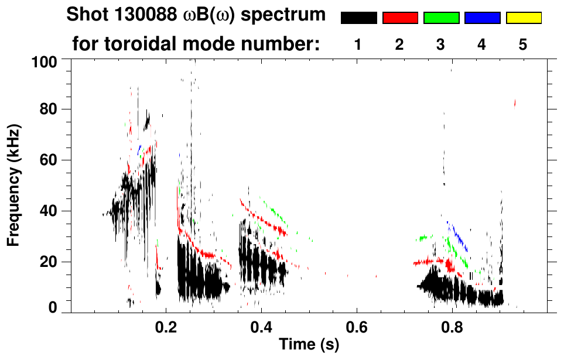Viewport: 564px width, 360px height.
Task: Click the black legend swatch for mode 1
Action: pyautogui.click(x=358, y=18)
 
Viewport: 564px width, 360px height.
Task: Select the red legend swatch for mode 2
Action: pyautogui.click(x=400, y=18)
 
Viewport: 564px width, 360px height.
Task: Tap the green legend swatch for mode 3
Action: pyautogui.click(x=441, y=18)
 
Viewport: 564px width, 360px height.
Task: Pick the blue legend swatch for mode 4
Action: pyautogui.click(x=482, y=18)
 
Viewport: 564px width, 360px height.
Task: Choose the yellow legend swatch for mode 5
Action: pyautogui.click(x=523, y=18)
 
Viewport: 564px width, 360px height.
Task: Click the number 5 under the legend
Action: pyautogui.click(x=523, y=44)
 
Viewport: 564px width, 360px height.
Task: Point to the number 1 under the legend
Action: pyautogui.click(x=358, y=44)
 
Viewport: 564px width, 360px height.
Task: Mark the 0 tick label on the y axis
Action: pyautogui.click(x=53, y=308)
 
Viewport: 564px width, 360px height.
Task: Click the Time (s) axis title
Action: pyautogui.click(x=309, y=345)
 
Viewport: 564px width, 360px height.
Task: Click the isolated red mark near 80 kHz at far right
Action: pyautogui.click(x=515, y=104)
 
